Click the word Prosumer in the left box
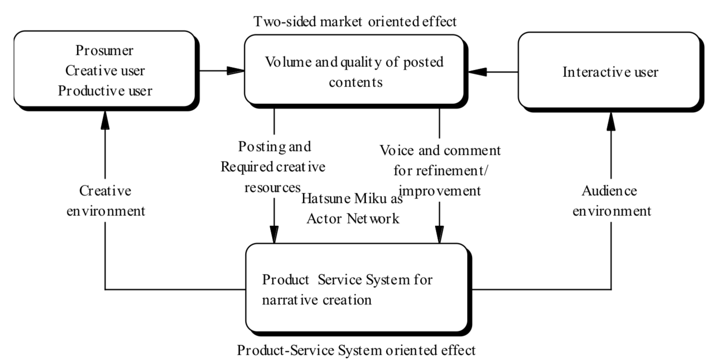tap(105, 50)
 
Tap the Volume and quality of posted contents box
tap(355, 71)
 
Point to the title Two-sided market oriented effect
tap(355, 21)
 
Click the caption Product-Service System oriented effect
tap(356, 350)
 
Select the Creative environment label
tap(105, 201)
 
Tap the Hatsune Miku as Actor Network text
tap(352, 209)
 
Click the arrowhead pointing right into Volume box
tap(236, 71)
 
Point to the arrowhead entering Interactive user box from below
tap(611, 121)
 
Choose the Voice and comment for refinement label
tap(440, 170)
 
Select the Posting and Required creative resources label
tap(273, 166)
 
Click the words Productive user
tap(105, 90)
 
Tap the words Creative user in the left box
tap(105, 71)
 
